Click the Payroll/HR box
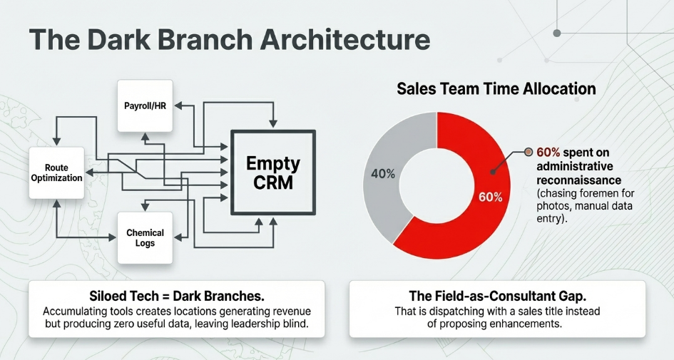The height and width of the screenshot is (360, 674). [145, 106]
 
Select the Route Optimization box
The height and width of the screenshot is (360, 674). [56, 173]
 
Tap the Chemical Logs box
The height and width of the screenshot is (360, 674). [145, 237]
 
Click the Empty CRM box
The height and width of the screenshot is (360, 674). [273, 173]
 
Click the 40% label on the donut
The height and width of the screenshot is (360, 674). [383, 174]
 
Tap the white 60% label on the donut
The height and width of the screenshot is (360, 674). [491, 197]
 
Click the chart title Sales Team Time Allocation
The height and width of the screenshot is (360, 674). [496, 89]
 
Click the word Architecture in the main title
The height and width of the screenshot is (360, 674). [345, 39]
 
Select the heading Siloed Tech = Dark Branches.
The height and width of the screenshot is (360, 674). [177, 296]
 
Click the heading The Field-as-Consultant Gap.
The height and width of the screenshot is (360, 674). [497, 296]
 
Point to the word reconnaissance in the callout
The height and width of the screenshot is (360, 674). [578, 180]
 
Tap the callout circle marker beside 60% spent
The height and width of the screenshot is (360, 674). [529, 152]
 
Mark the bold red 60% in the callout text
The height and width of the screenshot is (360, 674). [548, 153]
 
